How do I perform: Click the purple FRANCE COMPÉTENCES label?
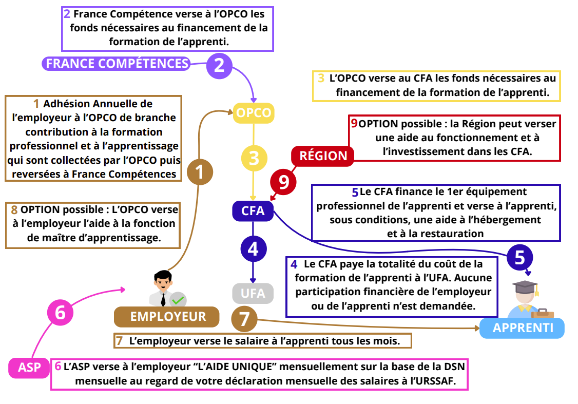tap(117, 63)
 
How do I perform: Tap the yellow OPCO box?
tap(254, 113)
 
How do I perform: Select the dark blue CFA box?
tap(253, 211)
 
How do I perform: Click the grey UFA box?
tap(253, 294)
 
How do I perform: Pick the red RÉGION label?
tap(323, 156)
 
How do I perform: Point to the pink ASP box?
tap(29, 368)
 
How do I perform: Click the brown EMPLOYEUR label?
tap(166, 317)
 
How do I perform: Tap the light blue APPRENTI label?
tap(522, 328)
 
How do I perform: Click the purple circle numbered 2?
tap(219, 65)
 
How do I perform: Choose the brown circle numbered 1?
tap(200, 171)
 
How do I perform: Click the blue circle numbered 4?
tap(253, 249)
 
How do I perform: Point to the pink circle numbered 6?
tap(61, 312)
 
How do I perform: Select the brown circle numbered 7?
tap(244, 319)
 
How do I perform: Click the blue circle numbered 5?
tap(520, 257)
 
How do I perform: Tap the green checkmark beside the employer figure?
tap(178, 300)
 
